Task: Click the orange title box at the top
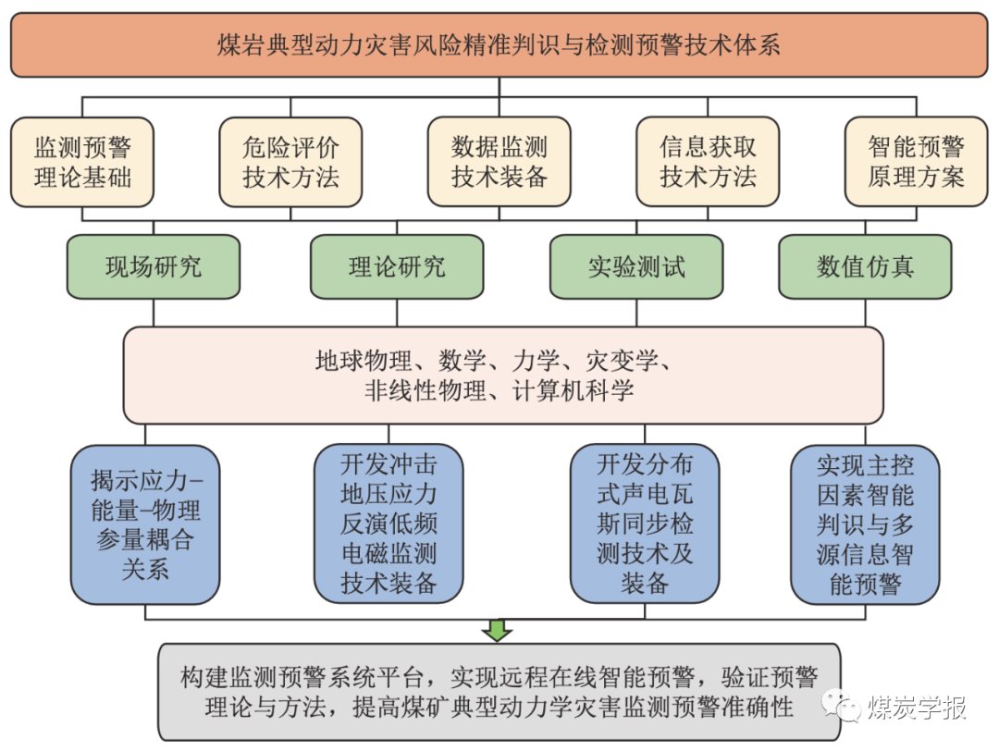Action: [x=499, y=44]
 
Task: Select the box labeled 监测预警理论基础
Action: [x=82, y=161]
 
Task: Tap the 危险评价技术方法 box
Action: [x=290, y=161]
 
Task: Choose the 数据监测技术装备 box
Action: [x=499, y=161]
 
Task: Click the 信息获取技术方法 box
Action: [x=708, y=161]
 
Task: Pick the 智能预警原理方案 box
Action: [x=916, y=161]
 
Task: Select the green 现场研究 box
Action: [x=154, y=267]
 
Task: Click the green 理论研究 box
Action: [x=397, y=267]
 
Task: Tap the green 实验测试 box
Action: [x=637, y=267]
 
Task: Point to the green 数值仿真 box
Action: [x=865, y=267]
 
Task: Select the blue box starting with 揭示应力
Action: [x=145, y=524]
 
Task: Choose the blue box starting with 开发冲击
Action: [x=388, y=523]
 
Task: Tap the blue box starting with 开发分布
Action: [x=645, y=523]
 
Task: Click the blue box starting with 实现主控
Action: [x=865, y=523]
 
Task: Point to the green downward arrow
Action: [x=498, y=631]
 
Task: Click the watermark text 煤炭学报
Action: [x=916, y=708]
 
